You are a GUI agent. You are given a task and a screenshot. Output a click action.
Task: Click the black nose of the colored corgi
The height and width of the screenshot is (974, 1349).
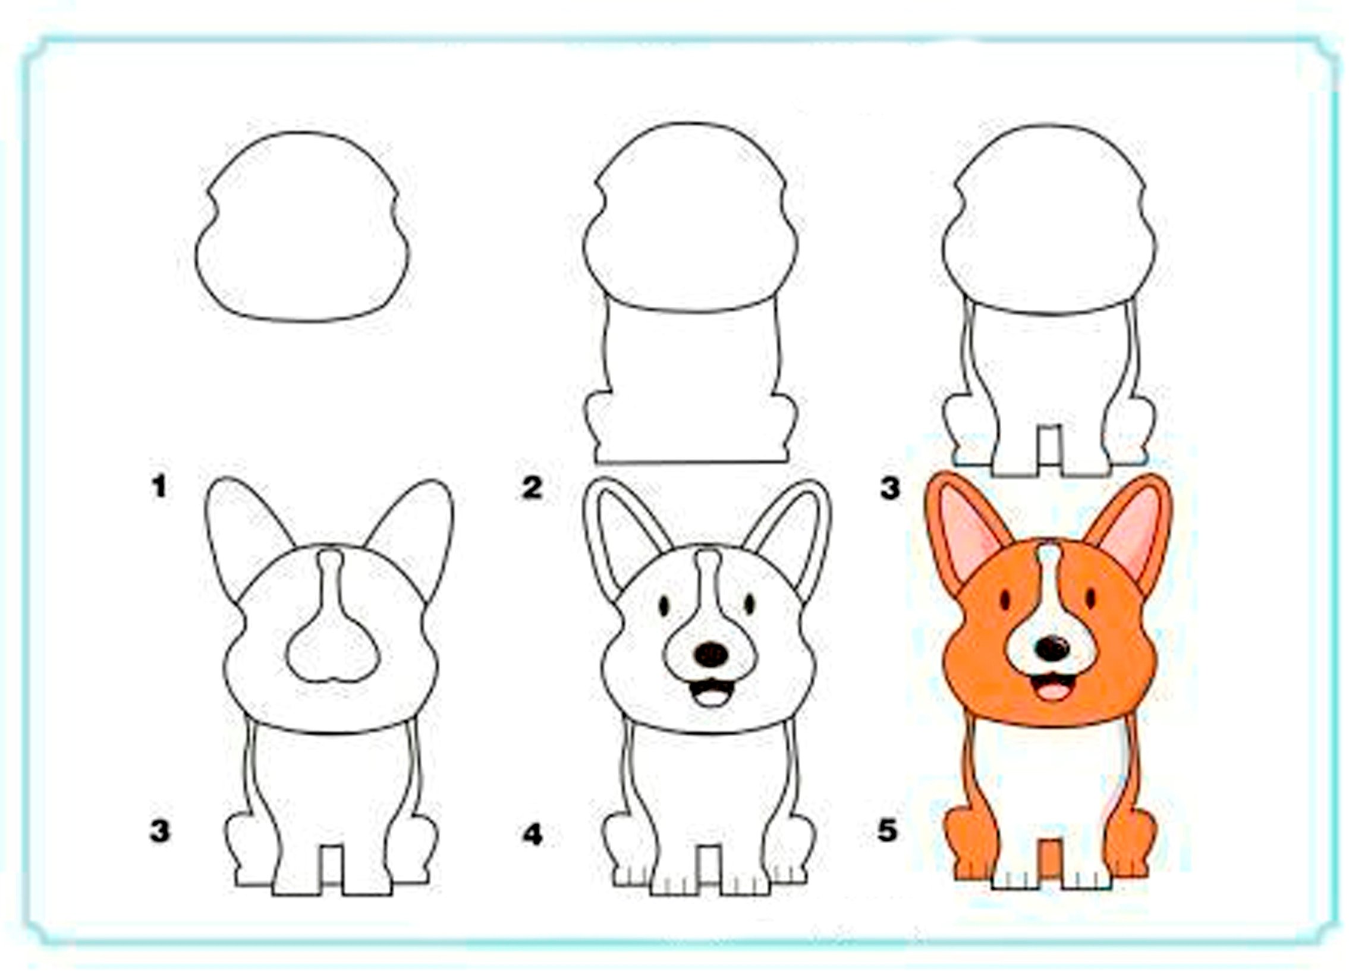[1052, 649]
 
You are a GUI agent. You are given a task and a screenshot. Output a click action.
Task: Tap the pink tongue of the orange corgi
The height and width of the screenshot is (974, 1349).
[1052, 691]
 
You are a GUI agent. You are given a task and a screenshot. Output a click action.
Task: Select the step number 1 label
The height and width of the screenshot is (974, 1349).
[159, 486]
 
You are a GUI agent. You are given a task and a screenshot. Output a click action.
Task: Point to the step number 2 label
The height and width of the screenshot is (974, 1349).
[532, 488]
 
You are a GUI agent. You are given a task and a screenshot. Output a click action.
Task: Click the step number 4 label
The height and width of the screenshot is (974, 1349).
[532, 835]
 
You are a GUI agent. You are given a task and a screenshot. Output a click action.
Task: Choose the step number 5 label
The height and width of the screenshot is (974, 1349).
[887, 830]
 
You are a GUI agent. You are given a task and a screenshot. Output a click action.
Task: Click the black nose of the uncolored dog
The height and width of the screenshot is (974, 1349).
[712, 655]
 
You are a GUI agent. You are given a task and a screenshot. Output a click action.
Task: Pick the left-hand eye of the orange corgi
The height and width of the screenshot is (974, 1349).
[1005, 599]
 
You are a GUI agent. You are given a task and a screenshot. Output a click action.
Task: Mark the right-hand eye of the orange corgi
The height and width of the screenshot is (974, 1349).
[1090, 598]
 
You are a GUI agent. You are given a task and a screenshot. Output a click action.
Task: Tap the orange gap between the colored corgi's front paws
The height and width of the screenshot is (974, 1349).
[1051, 859]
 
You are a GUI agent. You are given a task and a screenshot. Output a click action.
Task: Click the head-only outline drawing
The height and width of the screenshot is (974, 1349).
[303, 227]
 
